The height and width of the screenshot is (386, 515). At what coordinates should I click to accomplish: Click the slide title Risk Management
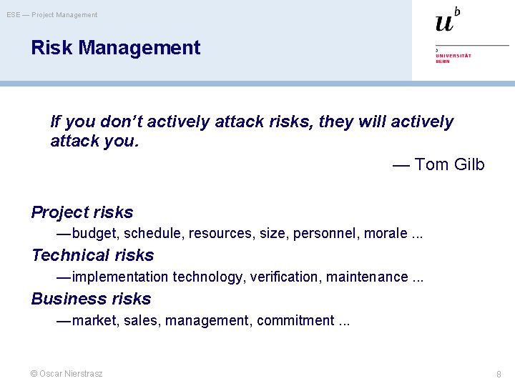point(115,48)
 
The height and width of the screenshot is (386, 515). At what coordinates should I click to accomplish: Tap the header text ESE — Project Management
point(52,15)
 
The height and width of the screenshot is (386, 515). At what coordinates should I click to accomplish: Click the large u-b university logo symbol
point(448,20)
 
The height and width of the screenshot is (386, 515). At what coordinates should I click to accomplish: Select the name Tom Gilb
point(449,165)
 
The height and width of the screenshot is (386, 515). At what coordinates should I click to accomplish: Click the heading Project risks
point(82,212)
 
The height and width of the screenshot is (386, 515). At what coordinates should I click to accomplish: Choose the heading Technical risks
point(92,255)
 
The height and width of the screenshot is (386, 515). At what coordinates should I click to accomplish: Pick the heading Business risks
point(91,299)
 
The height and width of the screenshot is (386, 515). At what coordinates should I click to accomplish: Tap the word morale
point(386,234)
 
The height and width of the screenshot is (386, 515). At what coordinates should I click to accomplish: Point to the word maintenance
point(366,277)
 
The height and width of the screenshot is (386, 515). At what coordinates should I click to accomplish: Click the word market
point(94,320)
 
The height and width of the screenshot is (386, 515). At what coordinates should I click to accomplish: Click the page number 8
point(499,374)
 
